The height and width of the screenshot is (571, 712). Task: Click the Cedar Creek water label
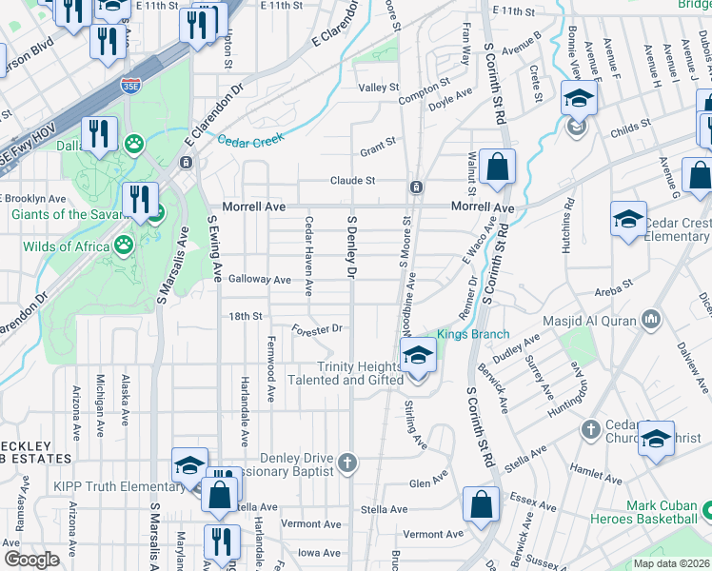pos(250,140)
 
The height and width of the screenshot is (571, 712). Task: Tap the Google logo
pos(31,560)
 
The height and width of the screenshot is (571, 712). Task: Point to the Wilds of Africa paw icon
pos(124,246)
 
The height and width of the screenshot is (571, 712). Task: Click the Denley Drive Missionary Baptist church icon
pos(348,463)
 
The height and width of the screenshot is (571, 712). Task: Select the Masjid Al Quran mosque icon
pos(651,318)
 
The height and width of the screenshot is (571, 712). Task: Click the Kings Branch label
pos(474,334)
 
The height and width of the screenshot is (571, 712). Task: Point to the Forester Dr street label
pos(317,330)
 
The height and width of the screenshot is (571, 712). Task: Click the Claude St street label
pos(353,180)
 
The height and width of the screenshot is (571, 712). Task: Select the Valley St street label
pos(378,88)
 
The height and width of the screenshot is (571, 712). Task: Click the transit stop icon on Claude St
pos(416,187)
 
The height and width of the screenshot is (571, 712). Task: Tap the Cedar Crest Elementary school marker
pos(628,220)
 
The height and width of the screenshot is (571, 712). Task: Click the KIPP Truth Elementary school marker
pos(190,466)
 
